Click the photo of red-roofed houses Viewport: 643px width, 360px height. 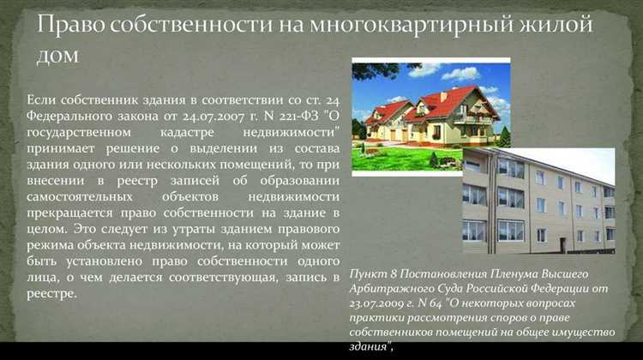coord(431,114)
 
